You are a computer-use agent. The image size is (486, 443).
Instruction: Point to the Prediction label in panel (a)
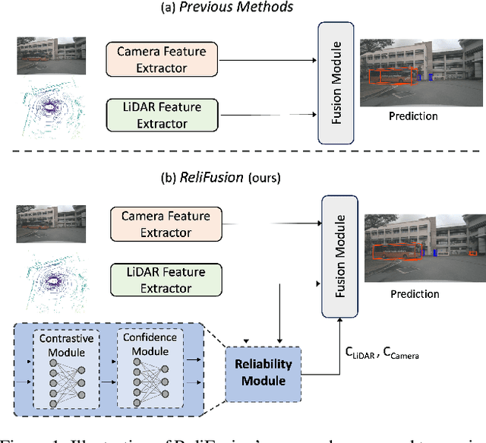(x=412, y=116)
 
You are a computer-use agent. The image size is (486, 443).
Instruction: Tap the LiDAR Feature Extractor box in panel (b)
(x=166, y=279)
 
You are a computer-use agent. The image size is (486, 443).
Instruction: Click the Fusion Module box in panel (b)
(x=339, y=246)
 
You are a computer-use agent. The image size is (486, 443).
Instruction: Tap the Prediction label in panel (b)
(x=414, y=293)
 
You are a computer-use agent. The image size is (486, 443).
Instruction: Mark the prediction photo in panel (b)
(x=422, y=248)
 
